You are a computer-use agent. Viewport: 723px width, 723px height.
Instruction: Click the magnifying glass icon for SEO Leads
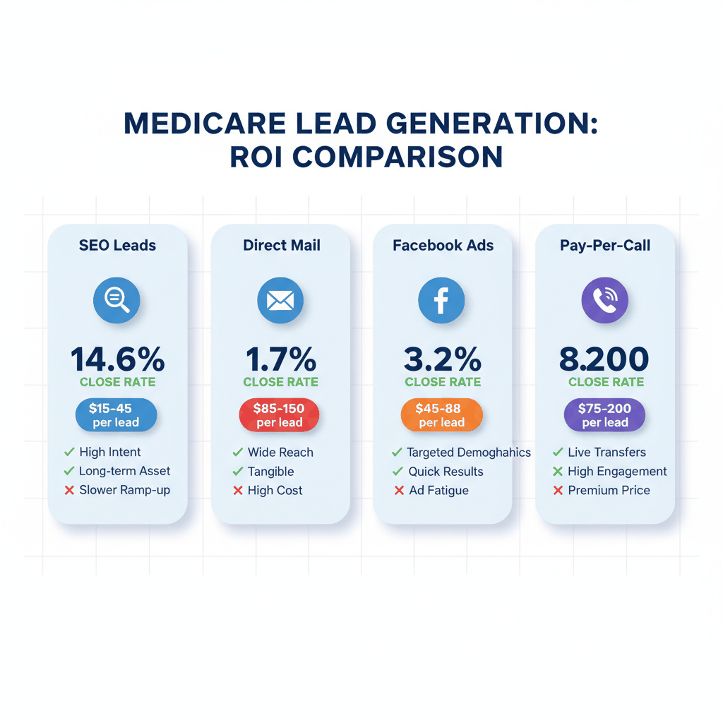click(x=116, y=300)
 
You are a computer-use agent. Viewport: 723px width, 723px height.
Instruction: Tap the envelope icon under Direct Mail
click(x=280, y=300)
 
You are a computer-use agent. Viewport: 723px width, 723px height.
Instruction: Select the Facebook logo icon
click(x=441, y=300)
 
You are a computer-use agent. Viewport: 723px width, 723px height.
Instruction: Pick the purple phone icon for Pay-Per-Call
click(x=604, y=300)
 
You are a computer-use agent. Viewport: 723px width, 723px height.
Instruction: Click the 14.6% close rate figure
click(x=117, y=359)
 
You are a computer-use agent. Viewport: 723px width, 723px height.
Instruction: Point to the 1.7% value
click(x=280, y=359)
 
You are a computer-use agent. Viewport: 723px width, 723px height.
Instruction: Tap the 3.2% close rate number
click(x=443, y=359)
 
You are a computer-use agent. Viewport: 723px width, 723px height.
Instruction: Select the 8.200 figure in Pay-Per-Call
click(x=604, y=359)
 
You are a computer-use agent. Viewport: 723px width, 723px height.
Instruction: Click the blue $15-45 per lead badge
click(x=116, y=415)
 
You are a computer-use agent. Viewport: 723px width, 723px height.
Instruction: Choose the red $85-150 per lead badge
click(x=280, y=415)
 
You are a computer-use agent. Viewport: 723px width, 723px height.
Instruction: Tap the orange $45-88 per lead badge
click(x=442, y=415)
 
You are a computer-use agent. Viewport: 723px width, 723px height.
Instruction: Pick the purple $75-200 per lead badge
click(x=605, y=415)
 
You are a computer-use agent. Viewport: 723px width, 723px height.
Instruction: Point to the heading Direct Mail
click(x=282, y=246)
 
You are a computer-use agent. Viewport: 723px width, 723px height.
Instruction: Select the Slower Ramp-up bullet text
click(x=124, y=490)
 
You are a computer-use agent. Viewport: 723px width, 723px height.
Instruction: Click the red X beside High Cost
click(x=238, y=490)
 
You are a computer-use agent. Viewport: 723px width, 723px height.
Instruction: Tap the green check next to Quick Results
click(x=398, y=471)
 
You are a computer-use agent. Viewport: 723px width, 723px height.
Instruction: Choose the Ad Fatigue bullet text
click(x=438, y=490)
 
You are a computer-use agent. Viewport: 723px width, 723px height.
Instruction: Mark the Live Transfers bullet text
click(x=607, y=452)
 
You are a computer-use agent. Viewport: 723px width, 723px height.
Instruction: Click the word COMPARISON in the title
click(x=398, y=157)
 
